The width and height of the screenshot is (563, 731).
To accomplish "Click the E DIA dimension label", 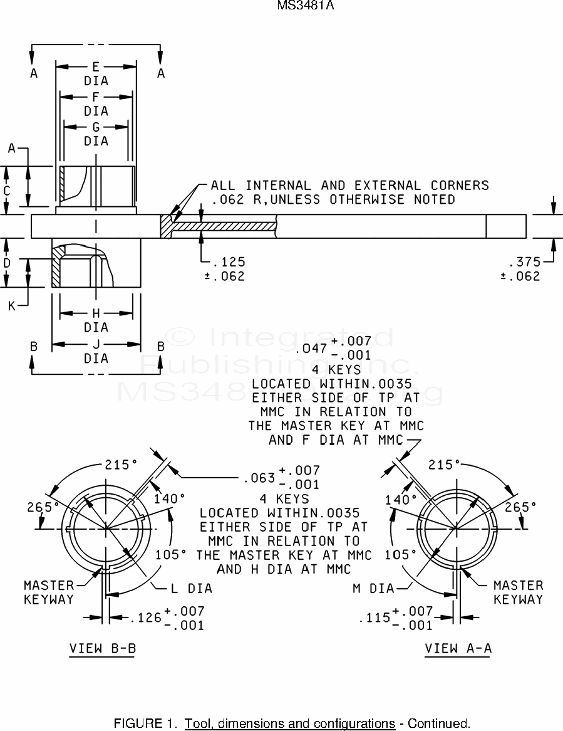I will [x=96, y=73].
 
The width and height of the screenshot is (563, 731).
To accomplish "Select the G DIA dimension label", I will [x=96, y=134].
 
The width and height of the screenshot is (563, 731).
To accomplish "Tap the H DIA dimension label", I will [x=96, y=320].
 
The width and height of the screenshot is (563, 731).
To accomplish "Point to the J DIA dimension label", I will [x=96, y=351].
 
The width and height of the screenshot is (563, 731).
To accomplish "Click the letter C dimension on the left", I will [x=7, y=190].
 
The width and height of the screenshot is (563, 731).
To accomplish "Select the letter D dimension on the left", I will [x=7, y=263].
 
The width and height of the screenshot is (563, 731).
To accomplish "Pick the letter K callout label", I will [x=12, y=306].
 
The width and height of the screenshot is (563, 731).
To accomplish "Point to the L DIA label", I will [x=192, y=589].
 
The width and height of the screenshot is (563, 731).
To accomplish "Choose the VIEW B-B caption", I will [x=102, y=648].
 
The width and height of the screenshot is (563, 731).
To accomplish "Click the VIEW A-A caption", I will [x=458, y=648].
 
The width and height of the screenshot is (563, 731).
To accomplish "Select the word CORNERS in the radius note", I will [x=460, y=186].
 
